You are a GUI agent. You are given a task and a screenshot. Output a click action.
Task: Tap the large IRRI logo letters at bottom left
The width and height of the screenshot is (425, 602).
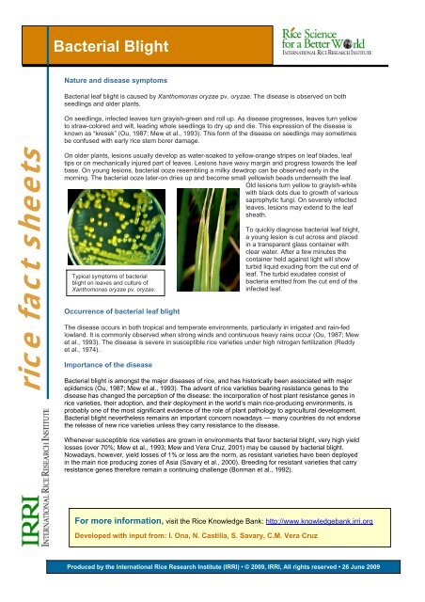point(21,521)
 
